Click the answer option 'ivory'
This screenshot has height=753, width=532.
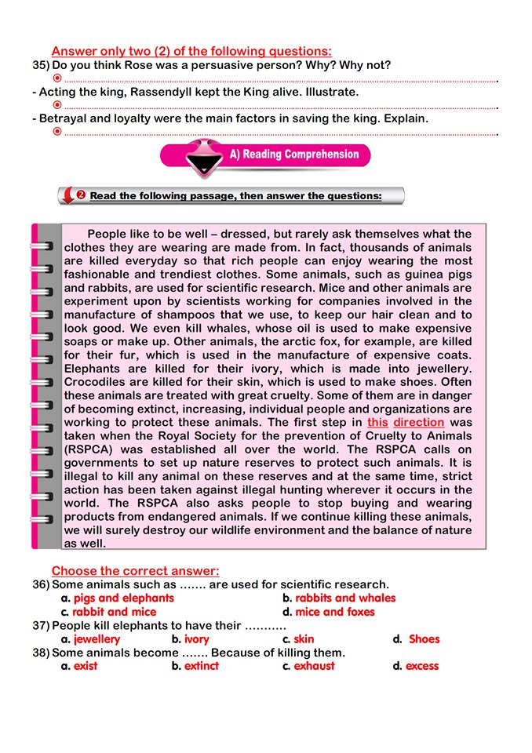(x=196, y=639)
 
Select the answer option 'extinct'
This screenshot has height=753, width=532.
(x=202, y=666)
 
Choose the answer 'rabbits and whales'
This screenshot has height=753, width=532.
(x=345, y=598)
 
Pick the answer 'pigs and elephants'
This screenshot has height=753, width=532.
(x=123, y=598)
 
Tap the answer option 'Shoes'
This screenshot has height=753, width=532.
(x=424, y=639)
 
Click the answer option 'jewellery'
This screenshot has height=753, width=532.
(x=97, y=639)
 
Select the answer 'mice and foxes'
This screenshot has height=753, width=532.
(x=335, y=612)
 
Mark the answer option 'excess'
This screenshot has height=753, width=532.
(x=422, y=666)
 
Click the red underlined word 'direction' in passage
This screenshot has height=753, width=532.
(x=419, y=422)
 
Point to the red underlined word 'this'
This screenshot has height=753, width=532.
(x=377, y=422)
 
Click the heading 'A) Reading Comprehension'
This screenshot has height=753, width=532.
(x=293, y=155)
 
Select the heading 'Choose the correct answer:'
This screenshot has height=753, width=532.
(x=135, y=571)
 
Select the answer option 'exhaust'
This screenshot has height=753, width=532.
(x=314, y=666)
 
